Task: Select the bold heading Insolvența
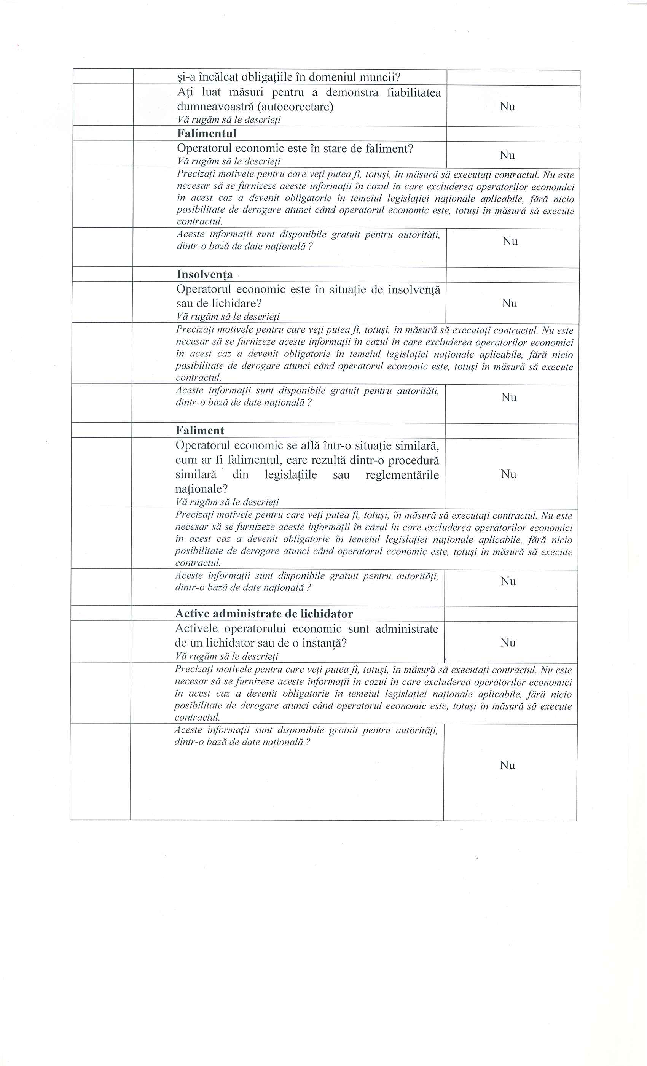204,274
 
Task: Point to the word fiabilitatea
414,92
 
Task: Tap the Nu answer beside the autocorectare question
507,107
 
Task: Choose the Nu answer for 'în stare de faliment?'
507,155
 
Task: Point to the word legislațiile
291,474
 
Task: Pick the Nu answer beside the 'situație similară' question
508,474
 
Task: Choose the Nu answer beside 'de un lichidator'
508,643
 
